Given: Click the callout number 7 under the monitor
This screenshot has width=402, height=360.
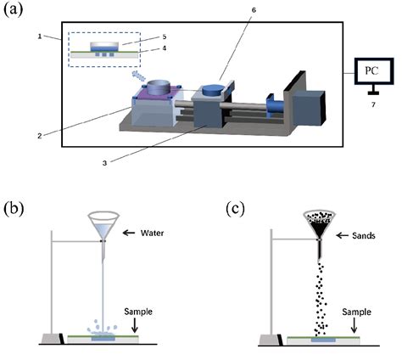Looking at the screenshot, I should tap(370, 113).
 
